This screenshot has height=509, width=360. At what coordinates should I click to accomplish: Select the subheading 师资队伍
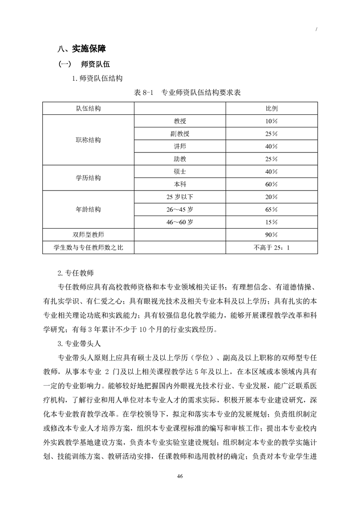(x=86, y=64)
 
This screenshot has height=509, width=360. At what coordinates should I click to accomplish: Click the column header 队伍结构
(x=89, y=109)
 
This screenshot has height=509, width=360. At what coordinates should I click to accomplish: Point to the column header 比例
(x=271, y=109)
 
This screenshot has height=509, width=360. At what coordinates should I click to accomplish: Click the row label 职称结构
(x=89, y=140)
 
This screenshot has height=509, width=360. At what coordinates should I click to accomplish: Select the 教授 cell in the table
(x=180, y=121)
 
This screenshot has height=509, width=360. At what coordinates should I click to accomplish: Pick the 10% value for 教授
(x=271, y=121)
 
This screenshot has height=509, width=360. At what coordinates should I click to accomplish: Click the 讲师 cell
(x=180, y=147)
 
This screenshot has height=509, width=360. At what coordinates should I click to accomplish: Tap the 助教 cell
(x=180, y=159)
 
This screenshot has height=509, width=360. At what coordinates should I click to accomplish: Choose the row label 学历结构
(x=89, y=178)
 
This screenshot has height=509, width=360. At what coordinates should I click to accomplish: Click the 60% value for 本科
(x=271, y=184)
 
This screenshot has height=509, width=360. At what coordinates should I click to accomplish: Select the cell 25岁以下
(x=180, y=197)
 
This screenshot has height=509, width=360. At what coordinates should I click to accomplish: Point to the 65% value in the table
(x=271, y=210)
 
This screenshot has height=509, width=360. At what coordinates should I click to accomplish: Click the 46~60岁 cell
(x=180, y=222)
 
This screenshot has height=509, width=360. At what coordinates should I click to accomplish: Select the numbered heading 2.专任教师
(x=76, y=273)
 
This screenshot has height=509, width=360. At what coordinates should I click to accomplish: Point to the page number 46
(x=180, y=476)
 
